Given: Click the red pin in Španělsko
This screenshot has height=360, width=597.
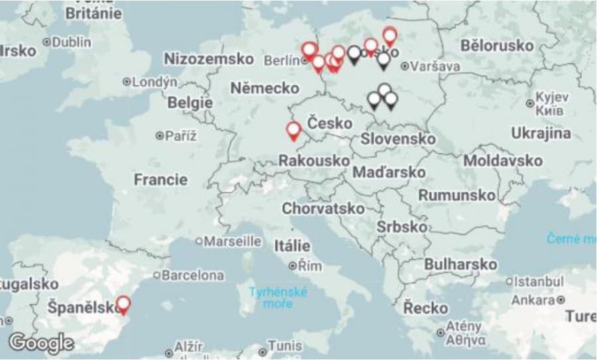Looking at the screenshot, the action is tap(123, 305).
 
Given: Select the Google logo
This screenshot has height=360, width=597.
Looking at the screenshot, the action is tap(41, 343).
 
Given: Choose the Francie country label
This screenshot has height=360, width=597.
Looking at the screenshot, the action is tap(161, 179).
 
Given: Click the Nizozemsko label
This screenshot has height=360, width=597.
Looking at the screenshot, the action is tap(208, 59).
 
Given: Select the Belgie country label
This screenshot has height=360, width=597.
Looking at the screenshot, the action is tap(190, 103).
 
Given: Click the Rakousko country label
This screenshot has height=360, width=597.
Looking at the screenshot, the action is tap(314, 160).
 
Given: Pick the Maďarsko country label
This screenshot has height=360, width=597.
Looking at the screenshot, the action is tap(389, 172).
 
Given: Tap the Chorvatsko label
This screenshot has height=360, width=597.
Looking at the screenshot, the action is tap(323, 208).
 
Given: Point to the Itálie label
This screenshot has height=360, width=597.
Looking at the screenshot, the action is tap(293, 245).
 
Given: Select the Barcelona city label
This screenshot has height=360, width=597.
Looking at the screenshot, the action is tap(193, 274).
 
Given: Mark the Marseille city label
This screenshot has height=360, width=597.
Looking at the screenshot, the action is tap(232, 241).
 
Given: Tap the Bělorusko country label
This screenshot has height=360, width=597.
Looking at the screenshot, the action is tap(497, 46).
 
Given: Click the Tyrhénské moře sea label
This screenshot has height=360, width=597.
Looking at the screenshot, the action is tap(279, 298).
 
